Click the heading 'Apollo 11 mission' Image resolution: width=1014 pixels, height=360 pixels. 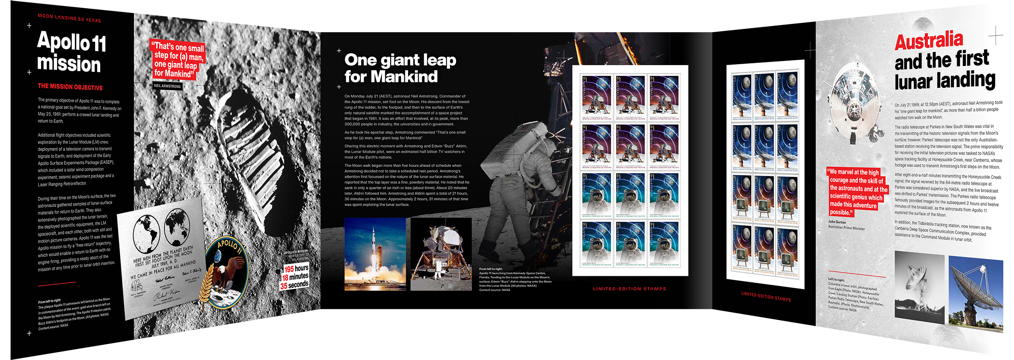71,53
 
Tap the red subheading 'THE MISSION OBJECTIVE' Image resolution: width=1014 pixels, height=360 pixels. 70,87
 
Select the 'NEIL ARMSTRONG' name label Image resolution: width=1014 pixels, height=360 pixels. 167,86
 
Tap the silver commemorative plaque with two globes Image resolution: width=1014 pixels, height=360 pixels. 161,258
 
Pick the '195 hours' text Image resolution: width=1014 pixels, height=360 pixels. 296,268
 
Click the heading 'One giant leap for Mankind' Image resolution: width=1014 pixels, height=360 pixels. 400,68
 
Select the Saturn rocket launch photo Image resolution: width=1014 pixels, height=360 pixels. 375,254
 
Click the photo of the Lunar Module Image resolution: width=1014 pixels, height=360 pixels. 441,254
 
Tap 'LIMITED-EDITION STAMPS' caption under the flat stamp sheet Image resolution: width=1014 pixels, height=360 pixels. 630,289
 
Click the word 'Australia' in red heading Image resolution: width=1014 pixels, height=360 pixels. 929,41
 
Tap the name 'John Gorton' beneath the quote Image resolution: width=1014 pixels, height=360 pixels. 837,222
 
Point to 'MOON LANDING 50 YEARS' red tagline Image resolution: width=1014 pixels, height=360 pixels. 69,18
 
